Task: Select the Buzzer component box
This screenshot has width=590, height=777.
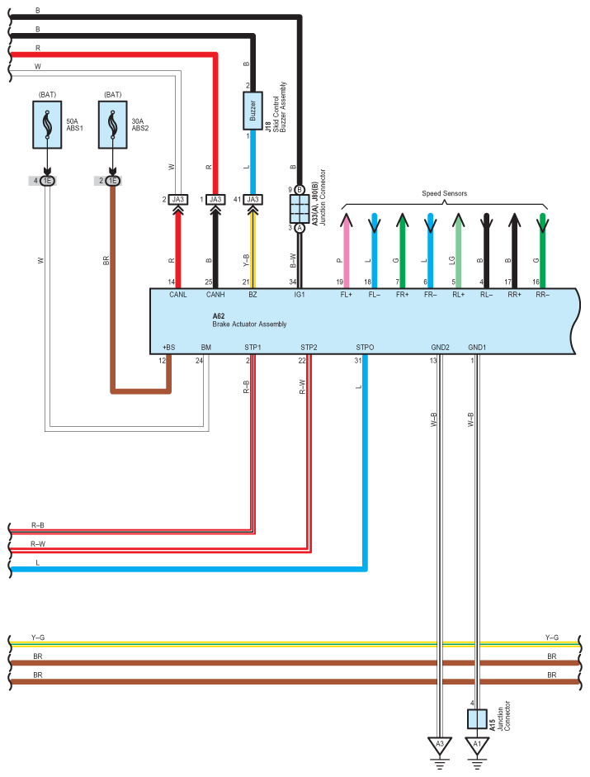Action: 253,111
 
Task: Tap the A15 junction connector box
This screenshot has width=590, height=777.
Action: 476,718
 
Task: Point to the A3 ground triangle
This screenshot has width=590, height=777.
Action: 440,745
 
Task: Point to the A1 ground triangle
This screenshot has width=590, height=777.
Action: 476,745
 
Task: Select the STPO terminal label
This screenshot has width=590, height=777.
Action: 365,348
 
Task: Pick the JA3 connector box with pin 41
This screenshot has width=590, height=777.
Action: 253,199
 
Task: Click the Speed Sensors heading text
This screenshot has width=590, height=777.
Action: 444,193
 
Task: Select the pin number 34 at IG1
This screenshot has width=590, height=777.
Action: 292,282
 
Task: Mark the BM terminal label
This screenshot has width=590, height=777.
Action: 205,348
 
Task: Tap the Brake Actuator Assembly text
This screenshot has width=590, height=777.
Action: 249,325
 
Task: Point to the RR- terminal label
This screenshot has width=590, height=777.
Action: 542,295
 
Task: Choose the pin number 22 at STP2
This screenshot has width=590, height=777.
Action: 302,360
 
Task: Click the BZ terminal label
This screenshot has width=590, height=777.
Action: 253,295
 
